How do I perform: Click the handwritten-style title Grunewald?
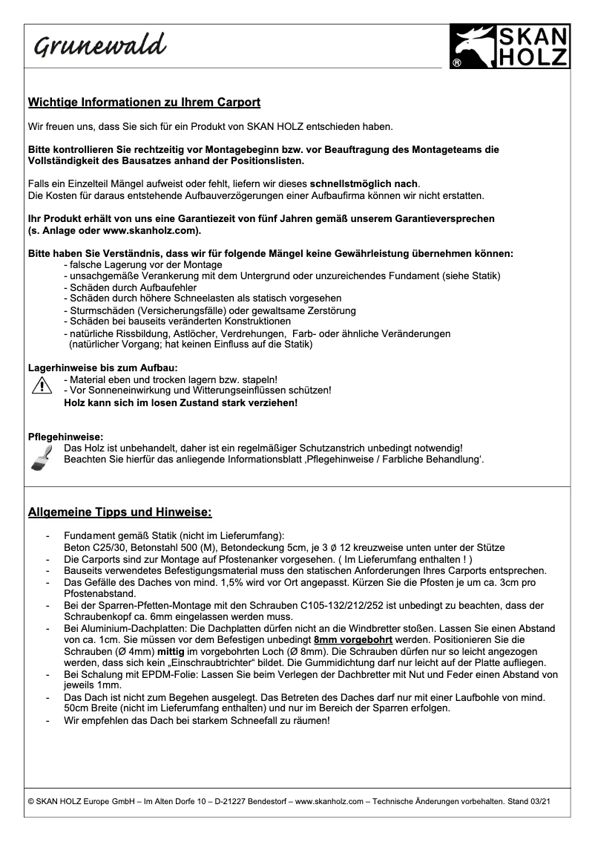[x=98, y=47]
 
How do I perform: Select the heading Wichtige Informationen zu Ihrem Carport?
[x=144, y=102]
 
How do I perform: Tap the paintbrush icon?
[x=40, y=454]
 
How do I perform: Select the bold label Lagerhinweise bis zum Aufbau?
[x=102, y=367]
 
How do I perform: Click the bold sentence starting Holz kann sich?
[x=181, y=402]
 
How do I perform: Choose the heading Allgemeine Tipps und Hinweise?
[x=120, y=512]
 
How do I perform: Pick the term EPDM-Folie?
[x=162, y=674]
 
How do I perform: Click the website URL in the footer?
[x=328, y=801]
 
